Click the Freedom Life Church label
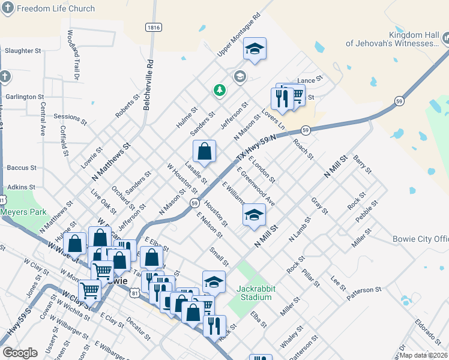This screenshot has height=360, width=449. [55, 8]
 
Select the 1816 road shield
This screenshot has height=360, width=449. [154, 28]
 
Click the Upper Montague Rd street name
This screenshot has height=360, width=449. [238, 34]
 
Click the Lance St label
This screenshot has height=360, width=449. [310, 79]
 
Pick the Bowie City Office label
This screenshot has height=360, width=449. [420, 239]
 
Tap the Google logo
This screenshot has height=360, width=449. [20, 353]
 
